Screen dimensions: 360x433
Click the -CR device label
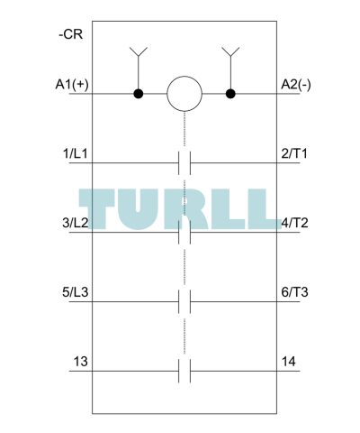70,34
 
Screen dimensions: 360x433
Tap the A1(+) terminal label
72,85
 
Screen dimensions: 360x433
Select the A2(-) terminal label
296,85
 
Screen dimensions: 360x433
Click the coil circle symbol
184,94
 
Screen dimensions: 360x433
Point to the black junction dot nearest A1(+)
139,94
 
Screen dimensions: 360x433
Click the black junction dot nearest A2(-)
230,94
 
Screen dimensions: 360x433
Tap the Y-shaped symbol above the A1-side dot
139,51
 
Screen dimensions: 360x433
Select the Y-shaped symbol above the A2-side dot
230,51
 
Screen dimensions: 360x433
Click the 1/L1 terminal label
75,154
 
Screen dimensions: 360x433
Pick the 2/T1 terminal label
294,154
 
